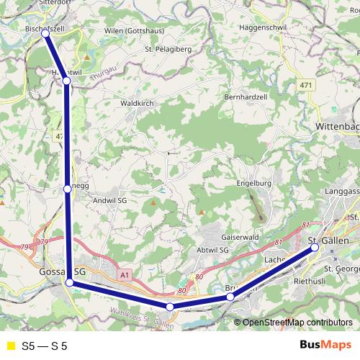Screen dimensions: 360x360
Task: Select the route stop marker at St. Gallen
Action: pyautogui.click(x=315, y=248)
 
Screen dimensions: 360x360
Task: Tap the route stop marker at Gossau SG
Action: pyautogui.click(x=70, y=283)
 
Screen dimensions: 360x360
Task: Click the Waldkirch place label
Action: pyautogui.click(x=136, y=104)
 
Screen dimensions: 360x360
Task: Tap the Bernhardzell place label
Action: pyautogui.click(x=246, y=96)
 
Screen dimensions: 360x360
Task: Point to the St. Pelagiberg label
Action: pyautogui.click(x=169, y=49)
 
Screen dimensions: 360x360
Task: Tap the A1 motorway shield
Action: pyautogui.click(x=125, y=274)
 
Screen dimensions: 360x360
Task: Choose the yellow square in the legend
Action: pyautogui.click(x=10, y=346)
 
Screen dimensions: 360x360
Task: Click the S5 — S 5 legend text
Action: pyautogui.click(x=45, y=346)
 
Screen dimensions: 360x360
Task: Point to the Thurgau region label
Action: pyautogui.click(x=103, y=72)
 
